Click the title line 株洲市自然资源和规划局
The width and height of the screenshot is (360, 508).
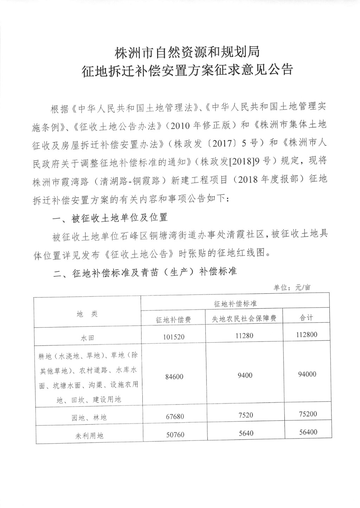click(187, 52)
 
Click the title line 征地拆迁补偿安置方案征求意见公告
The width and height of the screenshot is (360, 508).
click(187, 70)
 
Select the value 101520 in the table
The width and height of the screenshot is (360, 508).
click(174, 337)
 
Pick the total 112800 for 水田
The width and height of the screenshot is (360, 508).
click(307, 335)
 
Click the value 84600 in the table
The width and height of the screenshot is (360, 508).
click(174, 376)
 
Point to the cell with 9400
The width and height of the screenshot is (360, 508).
click(245, 375)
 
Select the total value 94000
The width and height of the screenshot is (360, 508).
click(307, 374)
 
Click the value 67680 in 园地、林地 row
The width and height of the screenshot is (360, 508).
click(174, 416)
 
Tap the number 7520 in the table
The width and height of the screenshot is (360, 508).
click(245, 415)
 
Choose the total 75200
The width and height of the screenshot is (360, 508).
click(308, 414)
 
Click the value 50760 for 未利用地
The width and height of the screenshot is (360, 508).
click(174, 434)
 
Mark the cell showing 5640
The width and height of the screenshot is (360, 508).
click(246, 433)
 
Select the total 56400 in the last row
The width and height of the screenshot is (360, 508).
click(308, 432)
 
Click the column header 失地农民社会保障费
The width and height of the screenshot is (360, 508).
click(244, 318)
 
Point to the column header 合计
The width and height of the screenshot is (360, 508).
click(306, 317)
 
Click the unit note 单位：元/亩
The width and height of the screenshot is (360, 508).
click(292, 287)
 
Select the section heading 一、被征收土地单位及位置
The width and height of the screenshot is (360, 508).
click(110, 218)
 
